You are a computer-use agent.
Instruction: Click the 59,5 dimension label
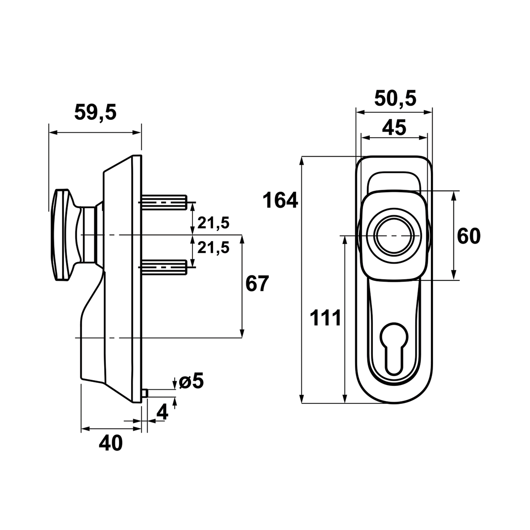pyautogui.click(x=95, y=112)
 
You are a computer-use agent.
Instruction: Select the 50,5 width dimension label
pyautogui.click(x=394, y=98)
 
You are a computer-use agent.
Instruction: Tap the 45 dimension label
pyautogui.click(x=394, y=128)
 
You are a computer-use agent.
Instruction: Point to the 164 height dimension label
pyautogui.click(x=280, y=201)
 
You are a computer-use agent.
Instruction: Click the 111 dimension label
pyautogui.click(x=325, y=319)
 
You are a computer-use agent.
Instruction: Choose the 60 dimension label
pyautogui.click(x=469, y=236)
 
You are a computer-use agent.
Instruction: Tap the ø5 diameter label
pyautogui.click(x=191, y=381)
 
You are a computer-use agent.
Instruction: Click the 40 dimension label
pyautogui.click(x=110, y=443)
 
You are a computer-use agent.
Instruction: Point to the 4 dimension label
pyautogui.click(x=162, y=412)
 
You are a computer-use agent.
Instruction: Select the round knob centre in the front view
pyautogui.click(x=394, y=236)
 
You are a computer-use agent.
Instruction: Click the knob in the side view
pyautogui.click(x=63, y=235)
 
